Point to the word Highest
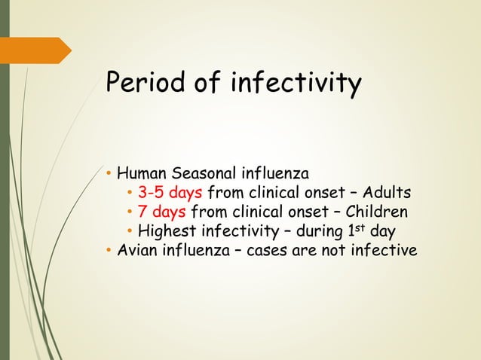pos(167,230)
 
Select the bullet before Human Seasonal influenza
pos(109,175)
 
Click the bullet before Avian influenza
pos(109,249)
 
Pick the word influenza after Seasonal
pos(272,175)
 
